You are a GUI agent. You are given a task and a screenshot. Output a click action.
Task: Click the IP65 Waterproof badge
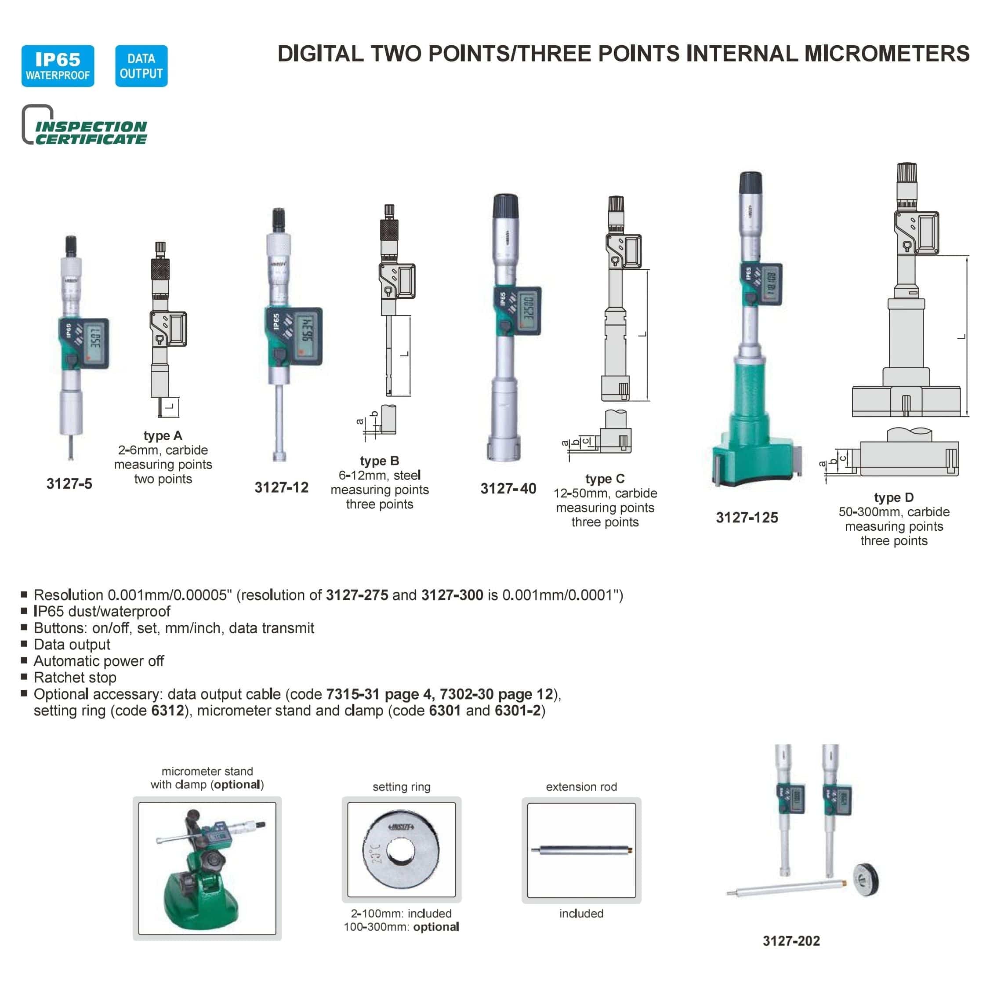(x=58, y=66)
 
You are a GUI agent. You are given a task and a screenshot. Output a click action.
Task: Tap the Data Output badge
(x=141, y=66)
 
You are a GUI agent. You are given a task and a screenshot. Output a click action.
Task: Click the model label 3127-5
(x=69, y=484)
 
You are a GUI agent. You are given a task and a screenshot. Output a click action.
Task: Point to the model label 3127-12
(x=281, y=487)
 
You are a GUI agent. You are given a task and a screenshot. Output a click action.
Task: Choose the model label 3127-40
(x=508, y=488)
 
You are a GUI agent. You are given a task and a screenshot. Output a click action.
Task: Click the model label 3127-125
(x=747, y=518)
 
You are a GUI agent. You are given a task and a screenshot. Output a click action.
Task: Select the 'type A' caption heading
(x=163, y=435)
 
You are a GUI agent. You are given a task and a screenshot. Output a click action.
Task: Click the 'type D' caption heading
(x=894, y=497)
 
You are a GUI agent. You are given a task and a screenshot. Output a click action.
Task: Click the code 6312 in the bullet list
(x=167, y=711)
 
